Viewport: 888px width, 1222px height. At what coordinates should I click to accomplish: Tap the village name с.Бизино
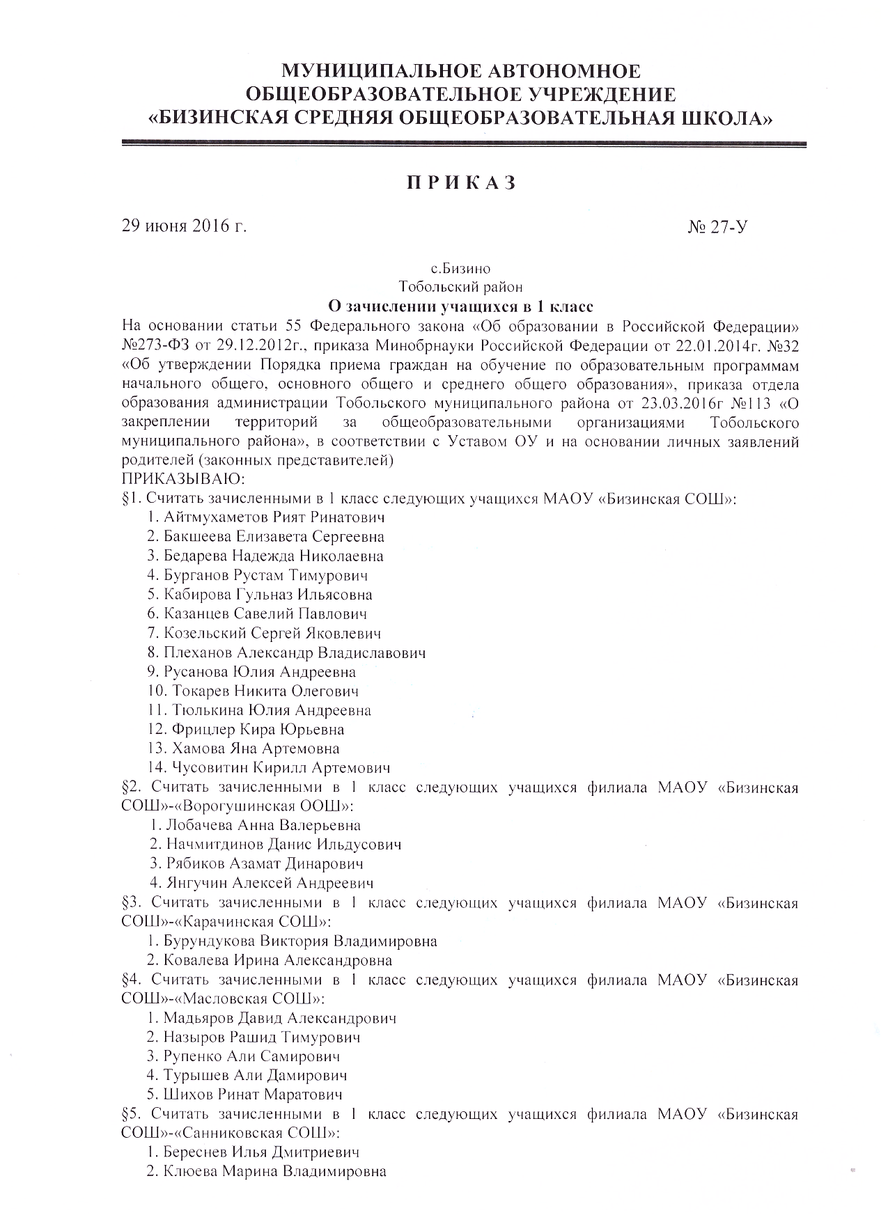coord(460,268)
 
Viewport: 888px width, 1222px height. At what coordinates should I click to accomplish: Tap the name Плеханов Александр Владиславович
coord(295,652)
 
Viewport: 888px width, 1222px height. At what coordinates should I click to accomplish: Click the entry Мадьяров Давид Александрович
coord(280,1018)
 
